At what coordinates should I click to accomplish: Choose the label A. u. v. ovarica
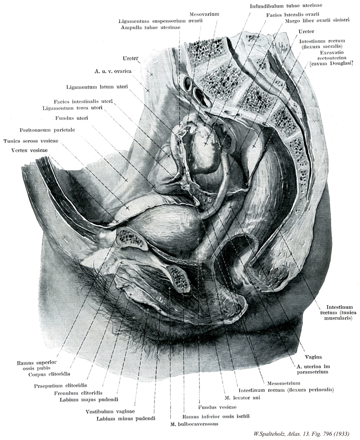(x=112, y=71)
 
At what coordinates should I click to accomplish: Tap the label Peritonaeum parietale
(x=47, y=130)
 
